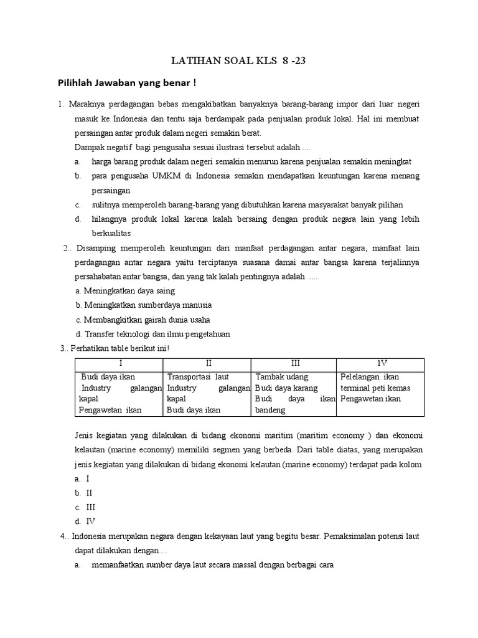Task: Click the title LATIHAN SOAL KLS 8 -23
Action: coord(239,61)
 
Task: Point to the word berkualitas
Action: coord(114,233)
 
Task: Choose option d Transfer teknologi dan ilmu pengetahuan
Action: coord(152,334)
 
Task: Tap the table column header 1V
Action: coord(380,363)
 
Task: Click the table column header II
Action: coord(207,363)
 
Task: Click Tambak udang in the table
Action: coord(281,377)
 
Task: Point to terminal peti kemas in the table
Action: coord(374,388)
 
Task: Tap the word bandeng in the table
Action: coord(271,410)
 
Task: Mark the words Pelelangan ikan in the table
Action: coord(370,377)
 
